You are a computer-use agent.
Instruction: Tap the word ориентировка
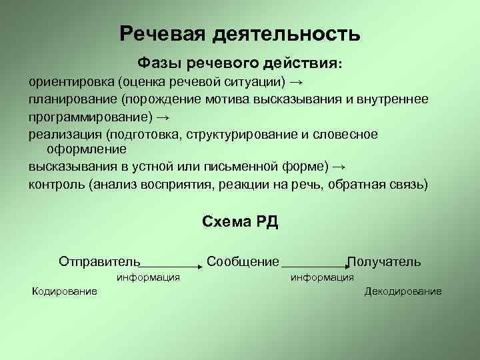coord(71,83)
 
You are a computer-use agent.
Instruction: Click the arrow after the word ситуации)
coord(297,83)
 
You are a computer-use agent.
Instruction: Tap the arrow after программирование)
coord(163,117)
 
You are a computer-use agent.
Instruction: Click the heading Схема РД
coord(239,223)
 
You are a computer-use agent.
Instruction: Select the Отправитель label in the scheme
coord(99,261)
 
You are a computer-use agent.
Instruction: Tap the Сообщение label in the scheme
coord(243,261)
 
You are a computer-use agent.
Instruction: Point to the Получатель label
coord(384,261)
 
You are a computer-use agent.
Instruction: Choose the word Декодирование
coord(403,291)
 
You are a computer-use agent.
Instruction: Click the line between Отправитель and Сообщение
coord(171,266)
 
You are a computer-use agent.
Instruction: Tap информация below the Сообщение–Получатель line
coord(323,277)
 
